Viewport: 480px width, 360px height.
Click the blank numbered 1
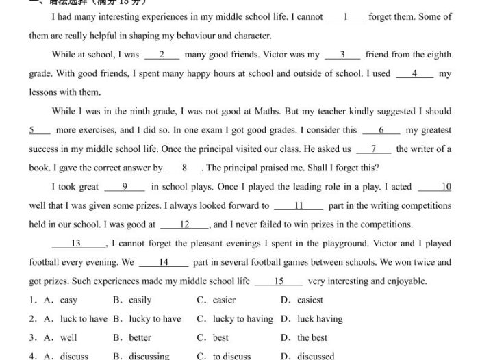coord(346,17)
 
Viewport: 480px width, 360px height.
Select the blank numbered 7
coord(374,149)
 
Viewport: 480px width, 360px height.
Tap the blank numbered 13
coord(76,244)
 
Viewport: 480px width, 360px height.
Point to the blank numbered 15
coord(279,281)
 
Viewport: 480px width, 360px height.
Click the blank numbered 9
coord(125,187)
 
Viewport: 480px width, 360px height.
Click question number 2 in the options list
coord(32,319)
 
